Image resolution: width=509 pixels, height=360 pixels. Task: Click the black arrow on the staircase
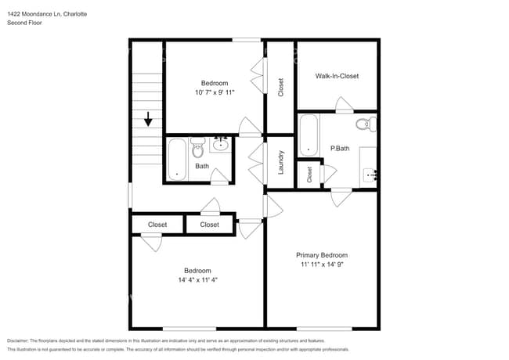tap(146, 120)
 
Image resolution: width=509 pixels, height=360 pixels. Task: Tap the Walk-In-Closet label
tap(337, 76)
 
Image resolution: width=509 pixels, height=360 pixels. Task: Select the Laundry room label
tap(280, 163)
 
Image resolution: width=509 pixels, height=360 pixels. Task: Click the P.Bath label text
tap(339, 148)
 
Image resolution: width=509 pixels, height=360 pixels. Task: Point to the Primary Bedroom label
tap(321, 255)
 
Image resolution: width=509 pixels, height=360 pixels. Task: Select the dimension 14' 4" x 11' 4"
tap(197, 279)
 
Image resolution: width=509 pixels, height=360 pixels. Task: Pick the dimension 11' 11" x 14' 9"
tap(321, 265)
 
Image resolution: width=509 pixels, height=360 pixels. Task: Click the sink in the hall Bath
tap(220, 143)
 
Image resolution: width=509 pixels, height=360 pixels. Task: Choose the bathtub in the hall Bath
tap(176, 160)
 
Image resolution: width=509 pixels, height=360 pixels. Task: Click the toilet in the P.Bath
tap(366, 124)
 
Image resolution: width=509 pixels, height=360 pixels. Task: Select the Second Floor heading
tap(23, 23)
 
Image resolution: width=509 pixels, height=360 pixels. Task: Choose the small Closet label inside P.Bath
tap(309, 174)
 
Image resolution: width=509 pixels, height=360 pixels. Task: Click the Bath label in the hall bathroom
tap(202, 166)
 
